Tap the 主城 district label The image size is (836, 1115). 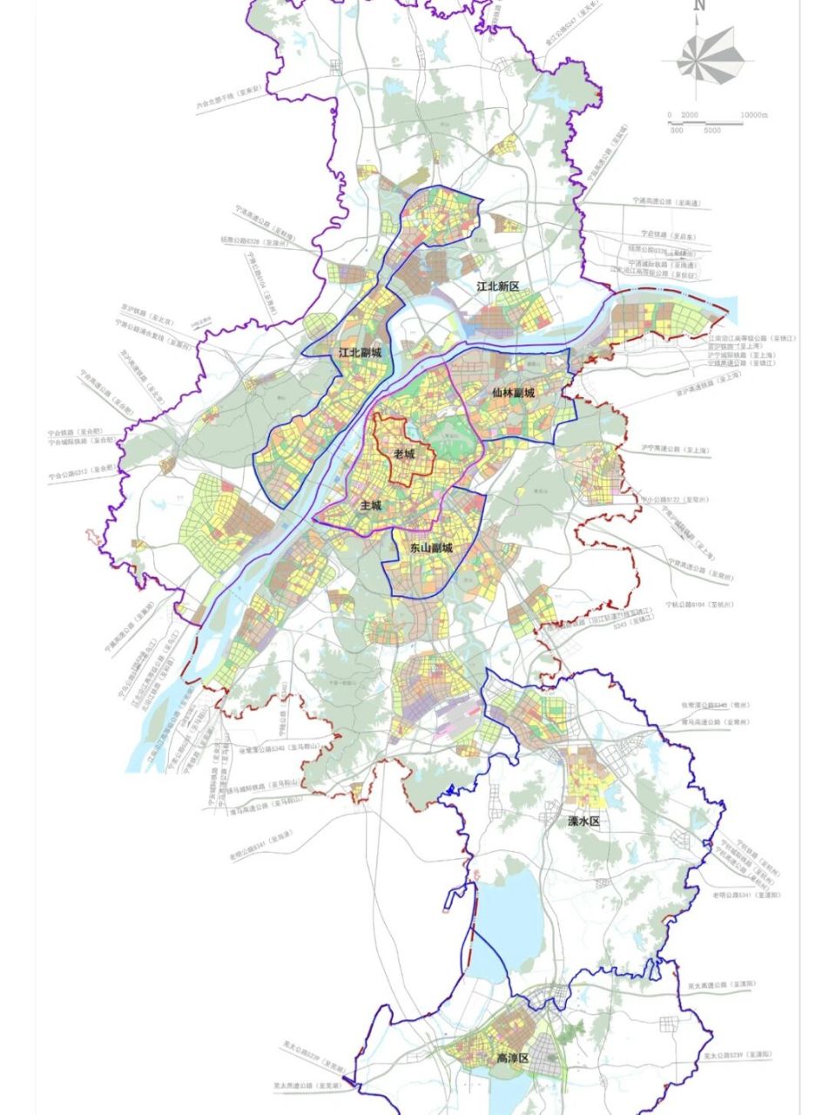[371, 505]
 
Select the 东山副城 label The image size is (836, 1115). [431, 548]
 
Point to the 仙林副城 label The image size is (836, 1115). [513, 393]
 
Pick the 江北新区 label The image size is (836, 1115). [497, 287]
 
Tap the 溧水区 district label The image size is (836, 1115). [585, 821]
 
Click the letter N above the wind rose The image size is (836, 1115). [698, 6]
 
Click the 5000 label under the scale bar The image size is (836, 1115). [711, 131]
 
